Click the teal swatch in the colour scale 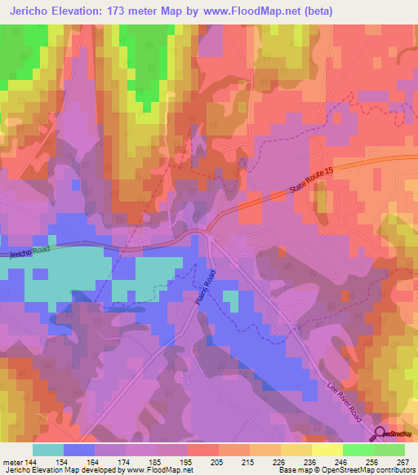click(48, 449)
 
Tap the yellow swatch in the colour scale click(327, 449)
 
